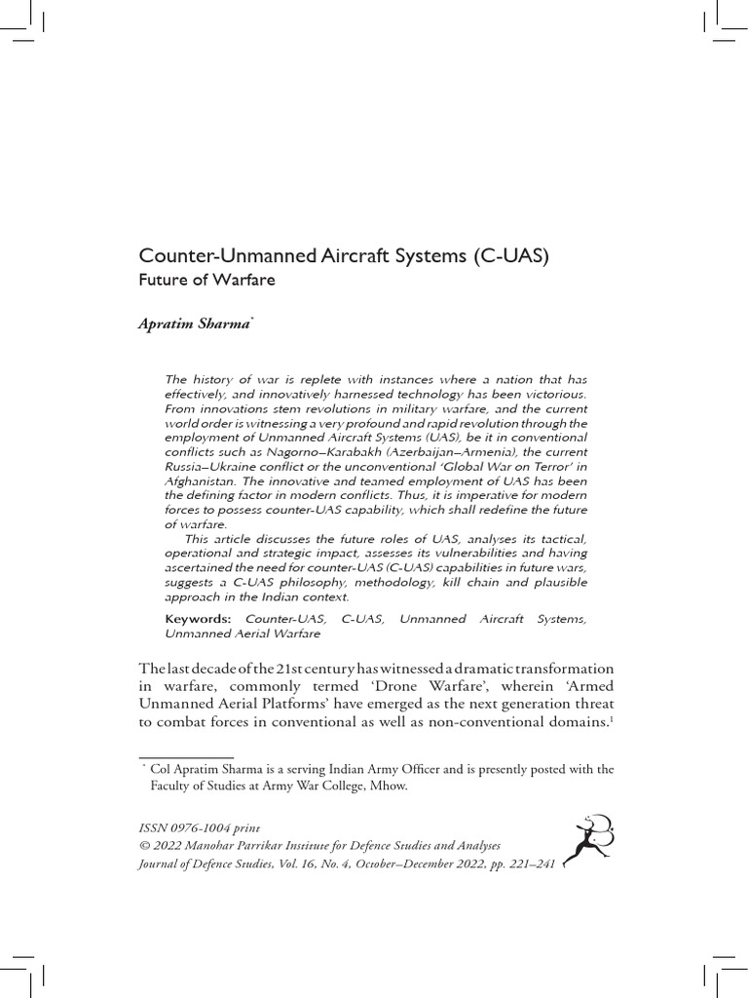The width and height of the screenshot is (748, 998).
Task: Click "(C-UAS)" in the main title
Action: (x=513, y=258)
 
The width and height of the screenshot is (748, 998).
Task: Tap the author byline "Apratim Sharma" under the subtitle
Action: (x=195, y=325)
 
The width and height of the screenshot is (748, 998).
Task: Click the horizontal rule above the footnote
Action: (x=186, y=757)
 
